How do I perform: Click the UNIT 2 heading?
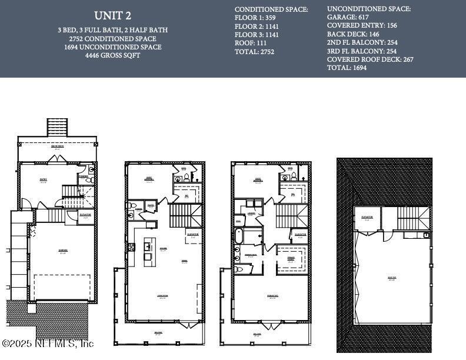pos(112,15)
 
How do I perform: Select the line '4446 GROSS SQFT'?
pos(112,55)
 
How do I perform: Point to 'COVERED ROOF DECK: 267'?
pos(370,59)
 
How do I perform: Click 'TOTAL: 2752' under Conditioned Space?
pos(254,52)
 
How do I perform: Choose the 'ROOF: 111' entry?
pos(251,43)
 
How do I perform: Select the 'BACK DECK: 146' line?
pos(353,34)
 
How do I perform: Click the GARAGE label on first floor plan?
pos(63,250)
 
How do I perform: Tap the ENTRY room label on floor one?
pos(42,180)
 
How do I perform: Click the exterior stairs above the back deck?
pos(57,128)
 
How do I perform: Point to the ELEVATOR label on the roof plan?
pos(367,217)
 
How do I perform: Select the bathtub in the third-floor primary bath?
pos(239,236)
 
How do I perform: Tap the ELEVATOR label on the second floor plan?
pos(192,234)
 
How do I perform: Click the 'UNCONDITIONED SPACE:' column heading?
pos(369,9)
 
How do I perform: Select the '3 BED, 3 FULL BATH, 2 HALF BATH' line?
pos(112,29)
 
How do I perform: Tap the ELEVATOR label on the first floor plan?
pos(85,215)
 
